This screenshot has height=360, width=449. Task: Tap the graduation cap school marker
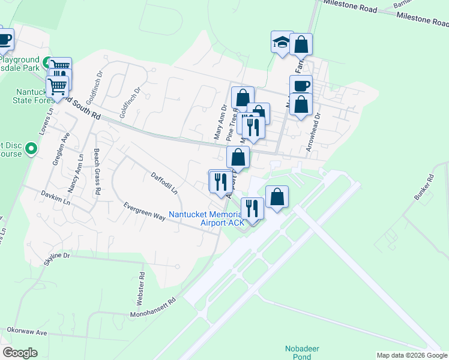(282, 43)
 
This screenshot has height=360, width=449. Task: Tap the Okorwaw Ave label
(26, 331)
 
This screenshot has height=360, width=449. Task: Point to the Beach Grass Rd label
(97, 171)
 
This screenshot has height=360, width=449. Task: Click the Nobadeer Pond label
(298, 352)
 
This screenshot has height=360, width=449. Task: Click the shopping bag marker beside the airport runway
(277, 197)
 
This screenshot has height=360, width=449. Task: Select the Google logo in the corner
(20, 352)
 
